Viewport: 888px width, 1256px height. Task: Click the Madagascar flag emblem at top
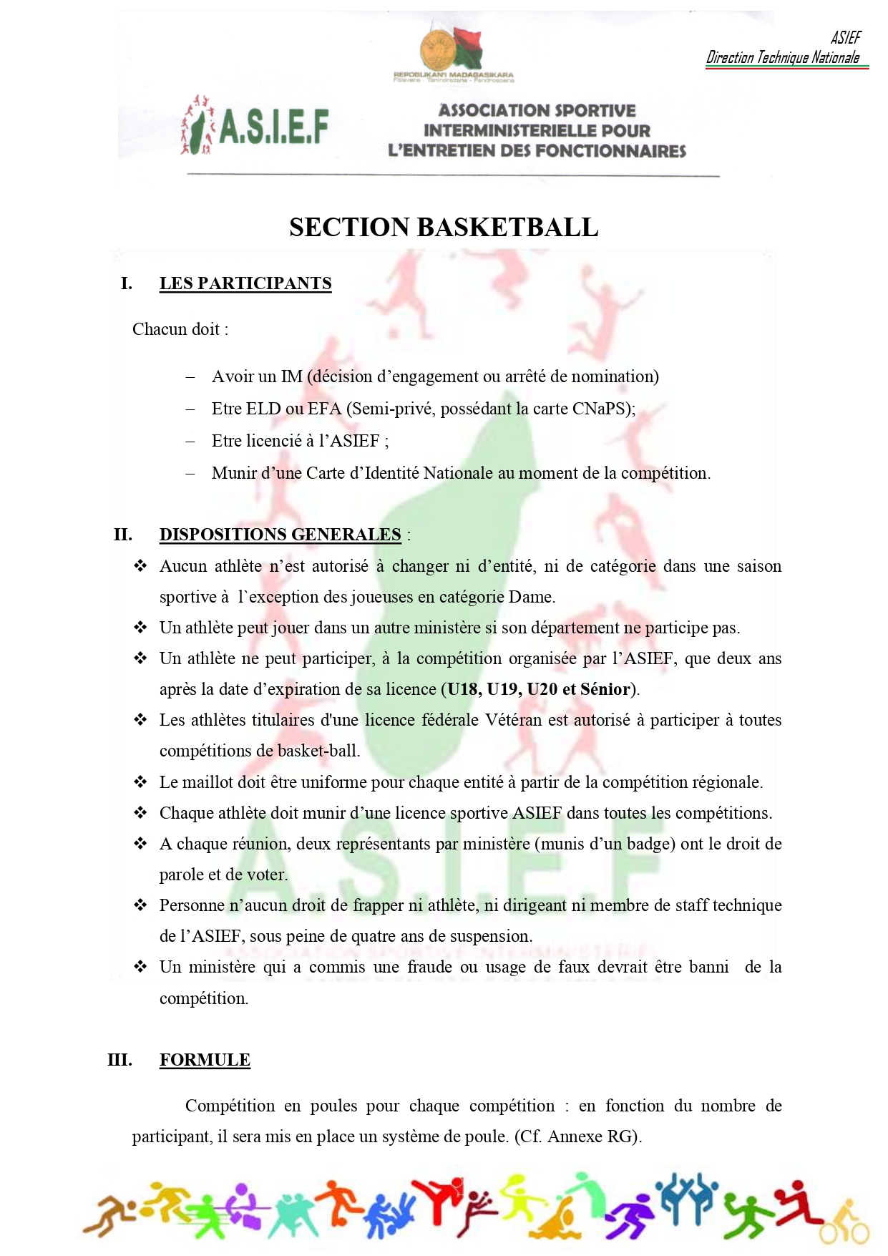[x=452, y=49]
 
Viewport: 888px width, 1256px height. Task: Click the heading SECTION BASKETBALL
[x=444, y=228]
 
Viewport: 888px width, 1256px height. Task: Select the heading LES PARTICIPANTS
[x=245, y=283]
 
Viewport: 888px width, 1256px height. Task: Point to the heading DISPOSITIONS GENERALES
[x=280, y=535]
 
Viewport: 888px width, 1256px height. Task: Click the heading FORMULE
[x=205, y=1060]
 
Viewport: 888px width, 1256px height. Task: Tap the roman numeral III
[x=119, y=1060]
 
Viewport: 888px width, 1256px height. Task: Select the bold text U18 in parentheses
[x=463, y=689]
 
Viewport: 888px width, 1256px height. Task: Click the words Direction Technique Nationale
[x=783, y=58]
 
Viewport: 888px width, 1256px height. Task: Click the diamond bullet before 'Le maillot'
[x=140, y=782]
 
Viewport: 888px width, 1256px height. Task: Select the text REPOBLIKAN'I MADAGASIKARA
[x=453, y=75]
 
